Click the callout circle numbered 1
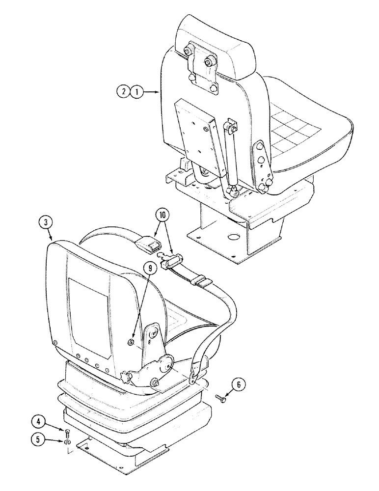[x=137, y=91]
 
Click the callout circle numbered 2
[x=123, y=91]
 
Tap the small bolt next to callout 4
[x=68, y=431]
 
